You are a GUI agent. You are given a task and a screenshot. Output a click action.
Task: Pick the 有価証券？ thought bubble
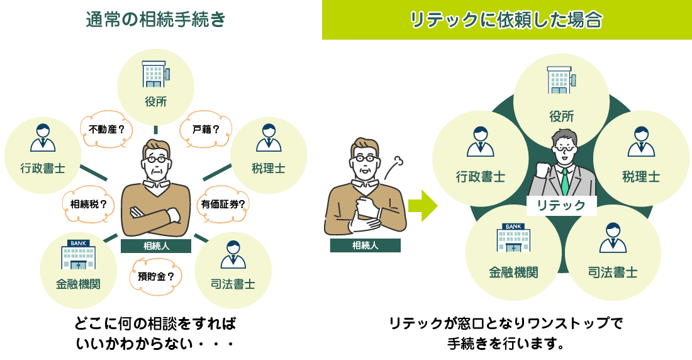click(223, 203)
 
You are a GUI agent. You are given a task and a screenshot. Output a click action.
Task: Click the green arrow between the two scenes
click(422, 206)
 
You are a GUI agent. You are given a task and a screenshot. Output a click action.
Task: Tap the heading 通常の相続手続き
click(155, 20)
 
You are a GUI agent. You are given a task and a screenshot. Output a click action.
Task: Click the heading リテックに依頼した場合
click(506, 20)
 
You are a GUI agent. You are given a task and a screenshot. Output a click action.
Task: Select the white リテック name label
click(561, 205)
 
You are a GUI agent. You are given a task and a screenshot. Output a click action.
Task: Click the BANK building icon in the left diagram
click(78, 256)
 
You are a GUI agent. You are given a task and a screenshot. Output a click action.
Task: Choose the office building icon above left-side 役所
click(155, 74)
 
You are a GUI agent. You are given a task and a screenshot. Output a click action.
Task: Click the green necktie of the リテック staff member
click(565, 181)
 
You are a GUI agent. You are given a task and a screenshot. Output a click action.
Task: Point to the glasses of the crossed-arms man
click(157, 159)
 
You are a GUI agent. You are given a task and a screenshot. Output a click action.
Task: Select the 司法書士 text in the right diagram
click(613, 273)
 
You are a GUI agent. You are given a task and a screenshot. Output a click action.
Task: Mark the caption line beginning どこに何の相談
click(155, 324)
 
